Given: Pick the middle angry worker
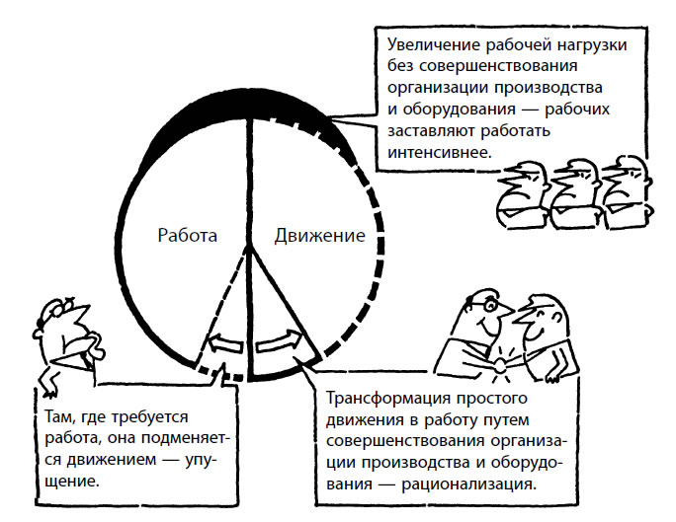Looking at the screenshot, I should [x=576, y=193].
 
